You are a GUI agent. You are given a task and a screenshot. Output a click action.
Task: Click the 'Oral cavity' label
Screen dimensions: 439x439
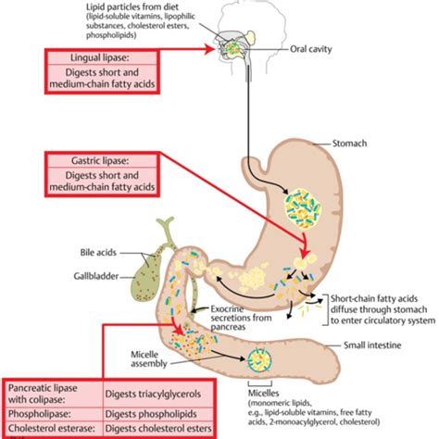point(310,49)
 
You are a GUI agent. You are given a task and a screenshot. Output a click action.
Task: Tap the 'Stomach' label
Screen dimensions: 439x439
point(349,144)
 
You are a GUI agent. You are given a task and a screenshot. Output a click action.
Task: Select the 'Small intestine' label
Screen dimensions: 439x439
point(372,345)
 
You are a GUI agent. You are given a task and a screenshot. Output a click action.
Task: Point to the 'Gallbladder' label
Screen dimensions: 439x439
point(96,276)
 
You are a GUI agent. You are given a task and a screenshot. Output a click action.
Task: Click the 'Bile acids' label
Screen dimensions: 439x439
point(98,253)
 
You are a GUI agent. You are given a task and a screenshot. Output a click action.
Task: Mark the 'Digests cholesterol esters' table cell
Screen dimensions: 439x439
point(158,429)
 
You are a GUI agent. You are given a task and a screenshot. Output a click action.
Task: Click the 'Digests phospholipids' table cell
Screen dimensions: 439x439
point(151,414)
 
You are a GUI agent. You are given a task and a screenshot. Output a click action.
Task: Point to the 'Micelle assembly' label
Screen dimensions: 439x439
point(148,359)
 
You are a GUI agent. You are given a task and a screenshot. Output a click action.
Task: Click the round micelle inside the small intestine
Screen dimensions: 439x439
point(259,359)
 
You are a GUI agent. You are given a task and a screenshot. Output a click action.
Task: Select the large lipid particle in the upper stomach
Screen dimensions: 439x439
point(303,208)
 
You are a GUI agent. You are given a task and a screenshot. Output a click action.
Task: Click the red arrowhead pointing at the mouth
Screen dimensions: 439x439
point(210,49)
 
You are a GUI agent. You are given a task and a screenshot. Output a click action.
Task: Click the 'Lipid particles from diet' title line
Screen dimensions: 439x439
point(132,6)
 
